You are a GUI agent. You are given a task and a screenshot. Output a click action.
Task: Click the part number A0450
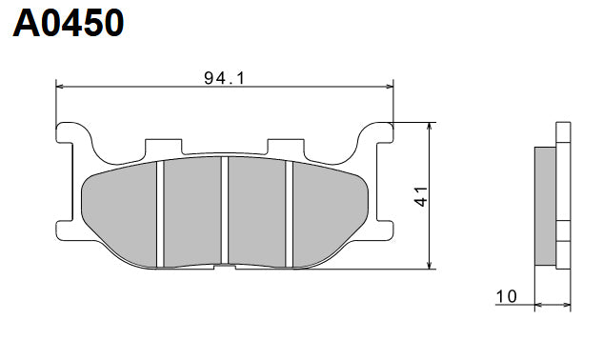point(69,23)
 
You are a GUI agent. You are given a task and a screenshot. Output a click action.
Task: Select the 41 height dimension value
point(420,196)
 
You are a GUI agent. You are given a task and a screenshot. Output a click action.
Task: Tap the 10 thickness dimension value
point(506,297)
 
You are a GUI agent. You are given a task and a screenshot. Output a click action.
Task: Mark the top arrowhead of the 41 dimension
point(432,128)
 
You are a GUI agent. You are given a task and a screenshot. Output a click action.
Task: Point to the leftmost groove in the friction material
point(162,211)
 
